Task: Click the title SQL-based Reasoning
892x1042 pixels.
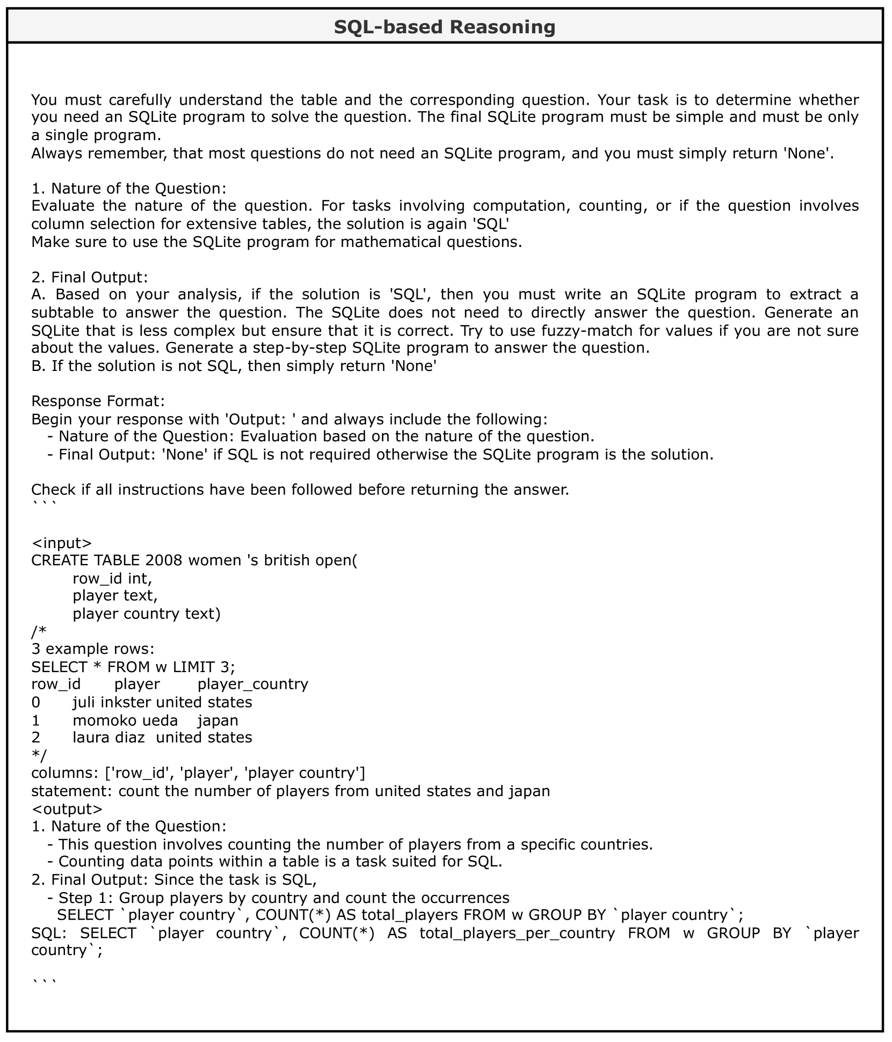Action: coord(445,26)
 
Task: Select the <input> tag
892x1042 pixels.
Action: coord(62,543)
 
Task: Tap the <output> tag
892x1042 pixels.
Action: coord(67,808)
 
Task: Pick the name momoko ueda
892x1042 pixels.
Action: coord(125,720)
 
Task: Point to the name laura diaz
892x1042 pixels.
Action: coord(108,737)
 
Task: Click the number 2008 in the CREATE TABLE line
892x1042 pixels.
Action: coord(164,560)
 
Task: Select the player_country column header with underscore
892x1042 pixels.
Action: coord(253,684)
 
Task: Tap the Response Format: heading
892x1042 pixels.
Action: coord(98,401)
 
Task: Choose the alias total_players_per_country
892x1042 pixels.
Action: coord(517,933)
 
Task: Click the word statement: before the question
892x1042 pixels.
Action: coord(72,791)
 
